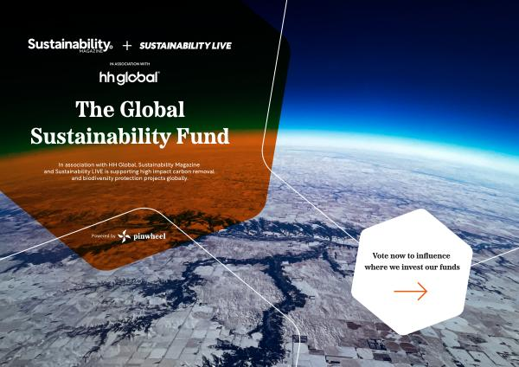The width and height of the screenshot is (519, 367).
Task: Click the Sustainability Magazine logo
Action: point(70,45)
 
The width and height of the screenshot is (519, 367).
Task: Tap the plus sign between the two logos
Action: point(127,45)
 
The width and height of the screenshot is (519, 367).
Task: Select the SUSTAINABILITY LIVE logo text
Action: point(185,46)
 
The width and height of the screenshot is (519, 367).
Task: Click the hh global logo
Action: point(130,78)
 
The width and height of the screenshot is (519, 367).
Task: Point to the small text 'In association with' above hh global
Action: point(130,63)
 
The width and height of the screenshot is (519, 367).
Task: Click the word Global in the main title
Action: point(152,109)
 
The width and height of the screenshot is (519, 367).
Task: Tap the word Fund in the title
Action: point(202,136)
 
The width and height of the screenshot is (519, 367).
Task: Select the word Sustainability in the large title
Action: point(101,137)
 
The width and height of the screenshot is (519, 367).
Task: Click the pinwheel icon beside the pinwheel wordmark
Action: point(124,236)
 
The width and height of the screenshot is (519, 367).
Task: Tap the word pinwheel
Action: point(150,236)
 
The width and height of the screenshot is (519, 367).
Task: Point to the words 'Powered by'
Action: point(103,236)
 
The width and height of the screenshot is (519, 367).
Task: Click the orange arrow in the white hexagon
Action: point(410,292)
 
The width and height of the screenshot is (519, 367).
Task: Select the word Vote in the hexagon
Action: point(381,255)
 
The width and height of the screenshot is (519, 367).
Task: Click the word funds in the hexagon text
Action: point(450,267)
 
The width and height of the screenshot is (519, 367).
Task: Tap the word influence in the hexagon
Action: point(433,255)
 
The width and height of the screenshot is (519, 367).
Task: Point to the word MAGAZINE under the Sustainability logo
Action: point(91,51)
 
